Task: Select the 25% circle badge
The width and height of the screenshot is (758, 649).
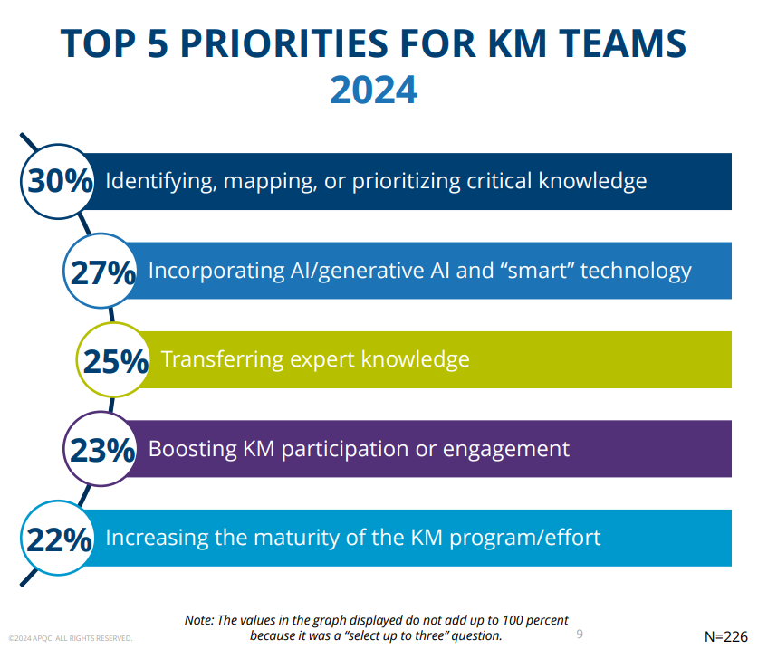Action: pyautogui.click(x=115, y=360)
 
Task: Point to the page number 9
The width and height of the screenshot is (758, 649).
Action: pyautogui.click(x=580, y=634)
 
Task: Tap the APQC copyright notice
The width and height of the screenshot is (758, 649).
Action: pyautogui.click(x=71, y=638)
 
